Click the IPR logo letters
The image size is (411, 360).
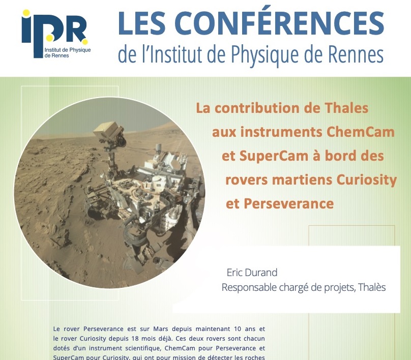[54, 33]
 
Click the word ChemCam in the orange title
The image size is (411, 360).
[361, 132]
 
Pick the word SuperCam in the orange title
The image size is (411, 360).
[274, 156]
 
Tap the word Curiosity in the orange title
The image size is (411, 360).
[366, 180]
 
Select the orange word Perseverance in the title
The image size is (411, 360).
[289, 203]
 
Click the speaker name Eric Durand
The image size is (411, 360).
[252, 273]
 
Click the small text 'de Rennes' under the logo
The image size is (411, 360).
[56, 55]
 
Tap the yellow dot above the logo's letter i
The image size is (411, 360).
[26, 13]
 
